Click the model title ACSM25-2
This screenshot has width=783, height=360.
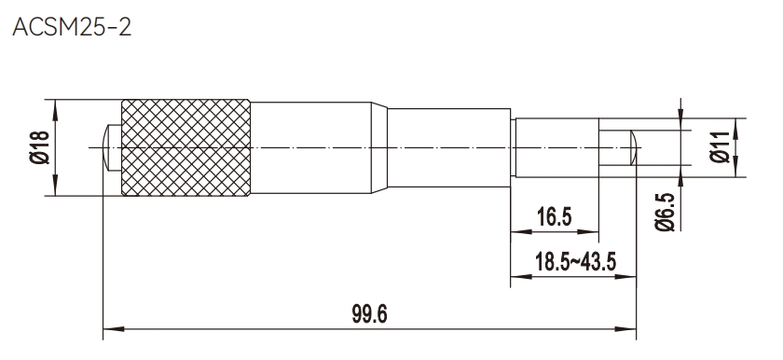tap(72, 27)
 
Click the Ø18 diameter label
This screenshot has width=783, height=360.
tap(39, 147)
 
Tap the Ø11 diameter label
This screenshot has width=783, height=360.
tap(720, 147)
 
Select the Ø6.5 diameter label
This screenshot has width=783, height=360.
tap(665, 213)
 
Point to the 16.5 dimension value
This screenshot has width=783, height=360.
tap(555, 217)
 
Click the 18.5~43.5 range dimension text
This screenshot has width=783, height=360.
tap(575, 262)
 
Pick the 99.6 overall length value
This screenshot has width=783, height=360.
tap(369, 314)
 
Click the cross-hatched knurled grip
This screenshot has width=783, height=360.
tap(185, 147)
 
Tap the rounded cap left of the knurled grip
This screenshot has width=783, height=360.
tap(112, 147)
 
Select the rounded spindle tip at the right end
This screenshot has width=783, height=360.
tap(633, 147)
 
